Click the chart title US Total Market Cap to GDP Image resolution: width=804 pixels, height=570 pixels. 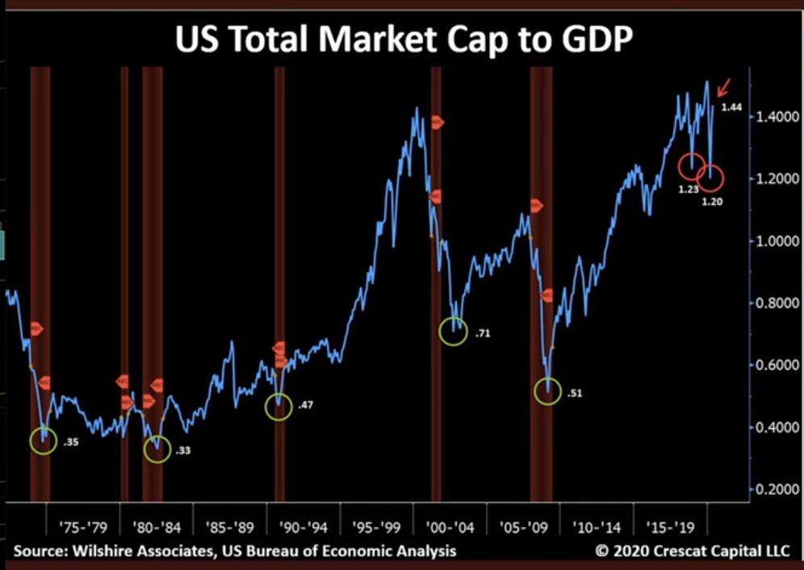pyautogui.click(x=401, y=38)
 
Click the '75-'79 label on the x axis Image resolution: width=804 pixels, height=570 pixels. pyautogui.click(x=83, y=527)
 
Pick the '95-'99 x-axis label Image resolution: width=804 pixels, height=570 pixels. pyautogui.click(x=376, y=527)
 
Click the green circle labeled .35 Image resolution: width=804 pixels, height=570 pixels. pyautogui.click(x=44, y=440)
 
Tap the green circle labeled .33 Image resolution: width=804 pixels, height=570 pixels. pyautogui.click(x=157, y=448)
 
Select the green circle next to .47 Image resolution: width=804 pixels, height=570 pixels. pyautogui.click(x=278, y=407)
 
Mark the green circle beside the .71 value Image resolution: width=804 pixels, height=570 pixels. pyautogui.click(x=454, y=331)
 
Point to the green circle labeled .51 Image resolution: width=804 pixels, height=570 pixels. pyautogui.click(x=548, y=392)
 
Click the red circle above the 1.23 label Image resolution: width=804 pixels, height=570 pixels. pyautogui.click(x=691, y=167)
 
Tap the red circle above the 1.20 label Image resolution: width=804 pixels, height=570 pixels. pyautogui.click(x=712, y=178)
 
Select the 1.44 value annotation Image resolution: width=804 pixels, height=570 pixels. pyautogui.click(x=731, y=108)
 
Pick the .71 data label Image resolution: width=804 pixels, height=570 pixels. pyautogui.click(x=484, y=333)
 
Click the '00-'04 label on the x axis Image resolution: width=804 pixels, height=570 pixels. pyautogui.click(x=450, y=527)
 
